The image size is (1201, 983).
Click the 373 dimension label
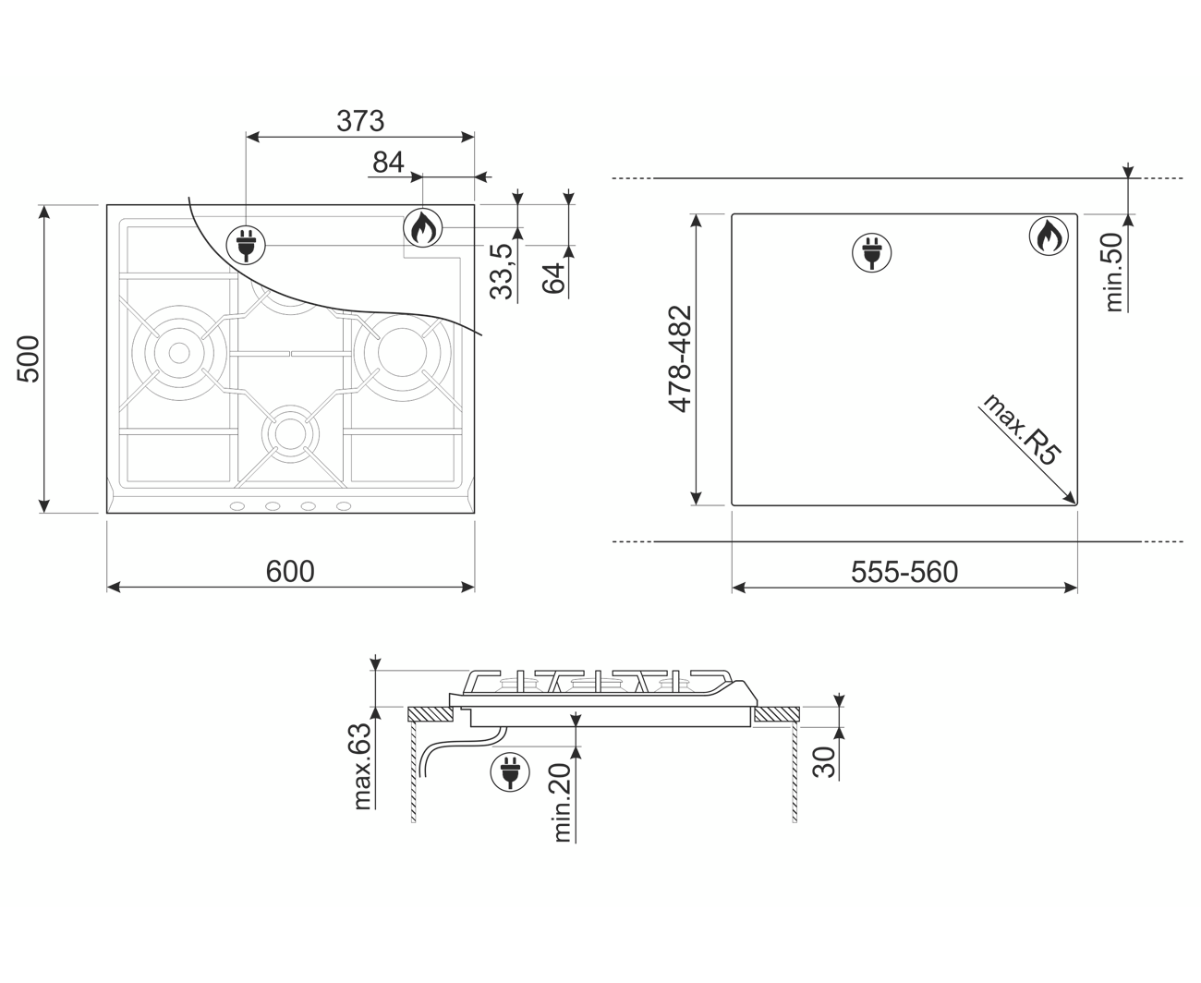[360, 121]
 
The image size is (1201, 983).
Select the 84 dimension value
[388, 163]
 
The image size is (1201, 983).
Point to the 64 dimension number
[553, 278]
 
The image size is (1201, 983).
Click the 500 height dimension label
[28, 358]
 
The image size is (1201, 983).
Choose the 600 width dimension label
[290, 572]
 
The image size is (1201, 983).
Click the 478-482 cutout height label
[680, 358]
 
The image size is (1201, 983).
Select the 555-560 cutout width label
[904, 573]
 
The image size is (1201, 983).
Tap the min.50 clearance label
[1113, 273]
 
